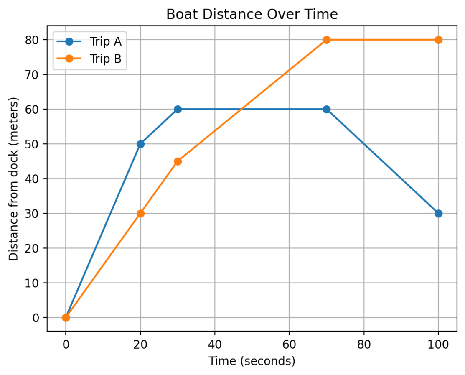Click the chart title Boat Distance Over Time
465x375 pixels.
tap(252, 14)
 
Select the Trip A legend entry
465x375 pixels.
tap(89, 41)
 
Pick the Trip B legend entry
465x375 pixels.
tap(89, 59)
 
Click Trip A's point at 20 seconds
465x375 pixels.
tap(140, 144)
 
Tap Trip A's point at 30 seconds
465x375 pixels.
tap(178, 110)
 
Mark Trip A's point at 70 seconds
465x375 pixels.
tap(327, 110)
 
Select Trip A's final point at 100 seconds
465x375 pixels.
tap(438, 214)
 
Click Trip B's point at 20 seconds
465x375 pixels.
tap(140, 214)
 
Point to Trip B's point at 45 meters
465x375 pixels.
tap(178, 161)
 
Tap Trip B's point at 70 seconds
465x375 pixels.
tap(327, 40)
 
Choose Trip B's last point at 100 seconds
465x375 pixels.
tap(438, 40)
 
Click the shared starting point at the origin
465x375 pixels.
tap(66, 318)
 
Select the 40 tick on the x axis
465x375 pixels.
tap(215, 344)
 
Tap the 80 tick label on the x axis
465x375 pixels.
tap(364, 344)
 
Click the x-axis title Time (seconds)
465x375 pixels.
tap(252, 361)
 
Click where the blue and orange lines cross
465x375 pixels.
tap(242, 110)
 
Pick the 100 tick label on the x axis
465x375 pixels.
tap(438, 344)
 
